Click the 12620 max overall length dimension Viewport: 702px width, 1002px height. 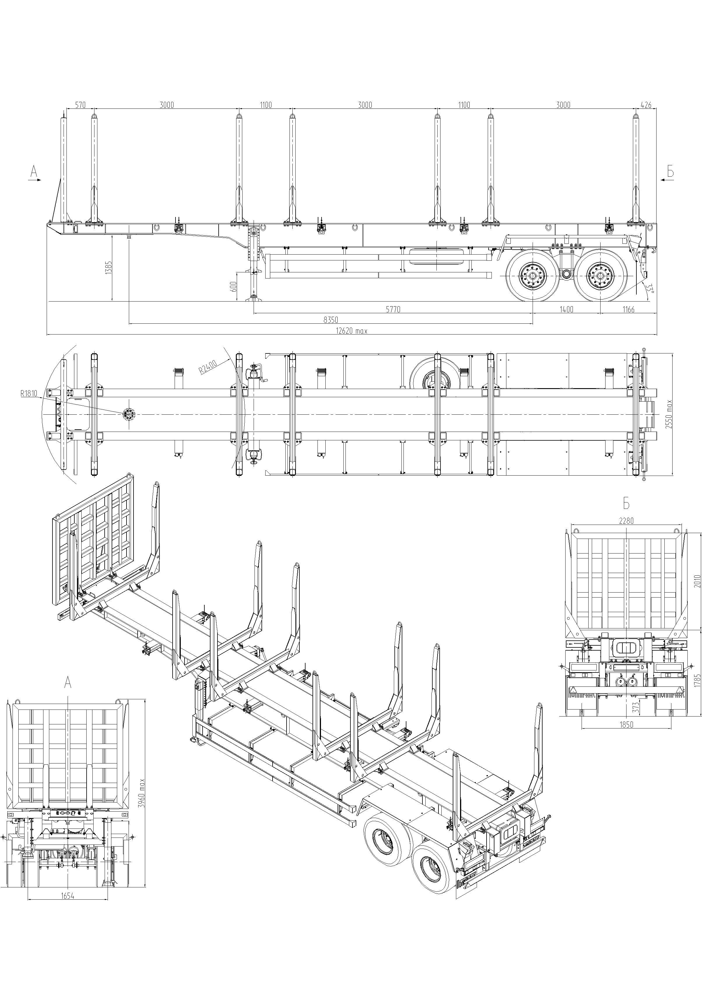click(x=351, y=331)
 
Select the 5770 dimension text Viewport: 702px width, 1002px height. click(x=393, y=309)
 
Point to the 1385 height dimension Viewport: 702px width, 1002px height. click(x=109, y=267)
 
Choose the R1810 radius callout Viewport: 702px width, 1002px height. click(x=29, y=393)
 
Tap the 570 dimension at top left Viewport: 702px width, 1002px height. click(x=80, y=105)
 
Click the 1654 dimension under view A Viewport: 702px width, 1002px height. click(x=68, y=896)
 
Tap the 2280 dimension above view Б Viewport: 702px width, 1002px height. click(x=626, y=521)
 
